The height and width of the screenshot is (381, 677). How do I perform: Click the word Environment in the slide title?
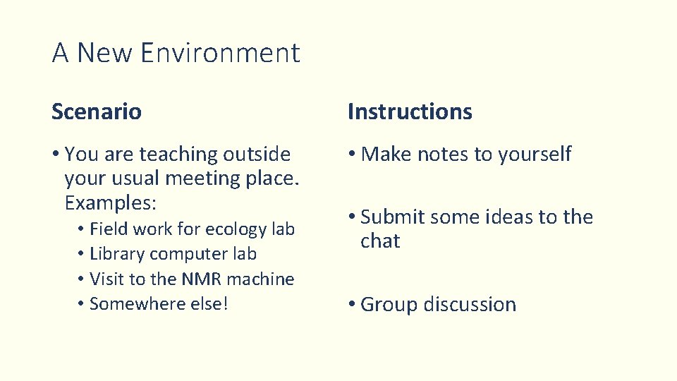tap(220, 53)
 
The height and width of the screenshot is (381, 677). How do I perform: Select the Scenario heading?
tap(97, 111)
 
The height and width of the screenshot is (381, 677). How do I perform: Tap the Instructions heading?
tap(410, 111)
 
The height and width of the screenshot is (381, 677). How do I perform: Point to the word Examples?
tap(109, 202)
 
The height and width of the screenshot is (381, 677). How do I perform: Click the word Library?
tap(117, 254)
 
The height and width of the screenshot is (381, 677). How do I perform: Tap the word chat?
tap(380, 241)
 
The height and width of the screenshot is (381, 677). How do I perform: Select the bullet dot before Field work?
tap(83, 229)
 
